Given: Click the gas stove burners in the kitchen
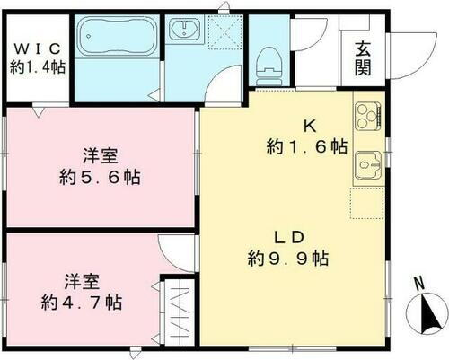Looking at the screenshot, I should (x=368, y=115).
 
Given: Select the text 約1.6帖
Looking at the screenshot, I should (x=307, y=146).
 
